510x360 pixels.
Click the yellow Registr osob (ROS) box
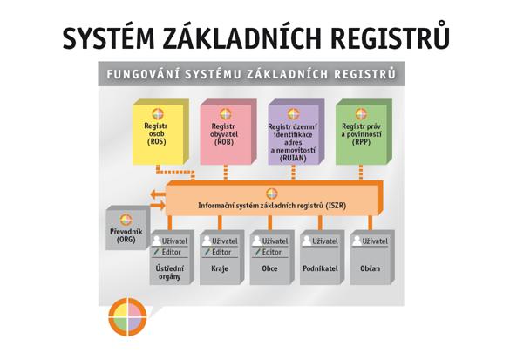(160, 132)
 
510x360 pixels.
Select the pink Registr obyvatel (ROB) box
(228, 132)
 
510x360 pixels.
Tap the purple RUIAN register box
(296, 132)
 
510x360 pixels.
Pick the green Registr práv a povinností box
(364, 132)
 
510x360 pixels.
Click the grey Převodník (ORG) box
(127, 228)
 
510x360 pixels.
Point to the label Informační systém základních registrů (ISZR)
(272, 206)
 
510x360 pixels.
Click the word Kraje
(220, 269)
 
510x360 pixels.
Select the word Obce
(269, 269)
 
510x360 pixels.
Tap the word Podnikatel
(320, 269)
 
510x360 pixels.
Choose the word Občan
(371, 269)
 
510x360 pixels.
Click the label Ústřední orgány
(169, 273)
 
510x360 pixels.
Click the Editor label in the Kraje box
(221, 252)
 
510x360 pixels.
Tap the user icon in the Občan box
(357, 241)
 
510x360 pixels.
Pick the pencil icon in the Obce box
(257, 252)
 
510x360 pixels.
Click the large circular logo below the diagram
(127, 316)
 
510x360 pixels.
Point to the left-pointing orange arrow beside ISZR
(158, 194)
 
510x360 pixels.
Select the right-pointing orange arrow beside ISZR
(158, 205)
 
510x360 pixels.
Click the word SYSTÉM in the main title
(109, 38)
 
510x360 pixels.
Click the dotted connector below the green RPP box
(361, 173)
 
